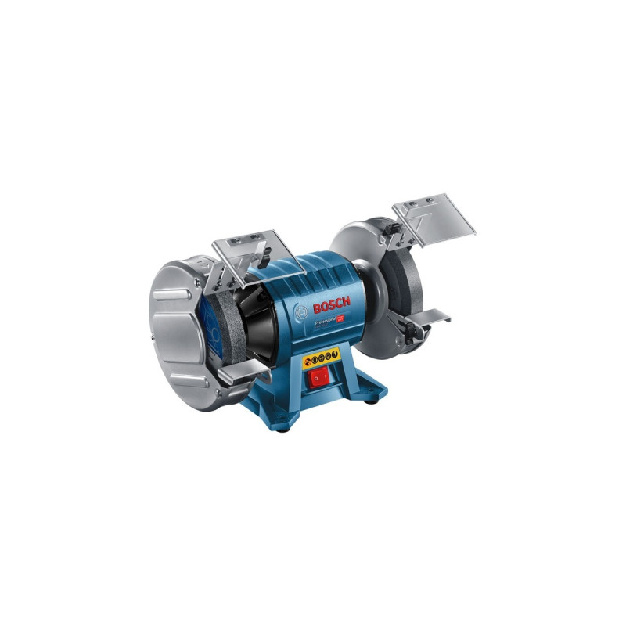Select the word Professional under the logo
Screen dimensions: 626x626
click(324, 318)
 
